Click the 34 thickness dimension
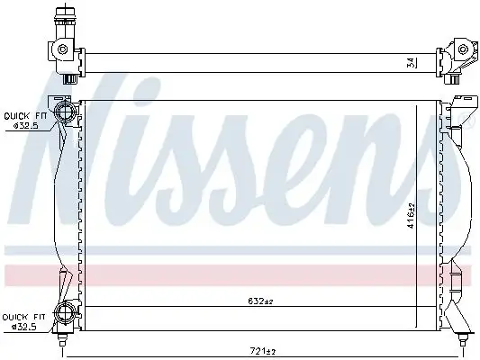pos(412,63)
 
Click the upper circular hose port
pos(65,112)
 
